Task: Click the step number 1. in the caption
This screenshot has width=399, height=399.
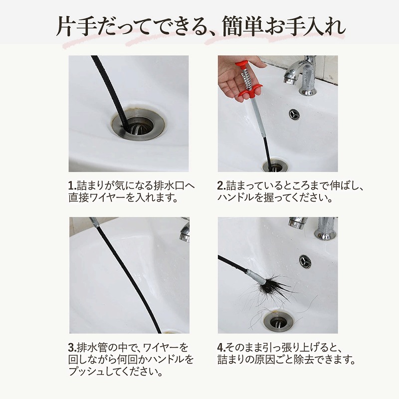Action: coord(72,186)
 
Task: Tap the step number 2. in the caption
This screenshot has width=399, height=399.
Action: coord(221,186)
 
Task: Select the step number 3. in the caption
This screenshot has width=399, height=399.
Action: coord(72,347)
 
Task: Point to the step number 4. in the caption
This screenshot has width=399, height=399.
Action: coord(221,347)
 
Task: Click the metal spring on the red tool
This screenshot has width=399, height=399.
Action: coord(247,79)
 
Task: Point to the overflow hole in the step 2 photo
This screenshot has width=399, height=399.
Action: coord(294,114)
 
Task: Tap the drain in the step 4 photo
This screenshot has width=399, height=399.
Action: coord(278,321)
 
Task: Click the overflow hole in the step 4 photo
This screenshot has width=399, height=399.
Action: coord(305,261)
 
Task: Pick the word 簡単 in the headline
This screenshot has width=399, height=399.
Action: coord(242,27)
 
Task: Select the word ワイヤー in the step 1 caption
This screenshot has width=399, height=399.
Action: coord(108,198)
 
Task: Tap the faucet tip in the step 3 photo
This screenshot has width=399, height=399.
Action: coord(185,234)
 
